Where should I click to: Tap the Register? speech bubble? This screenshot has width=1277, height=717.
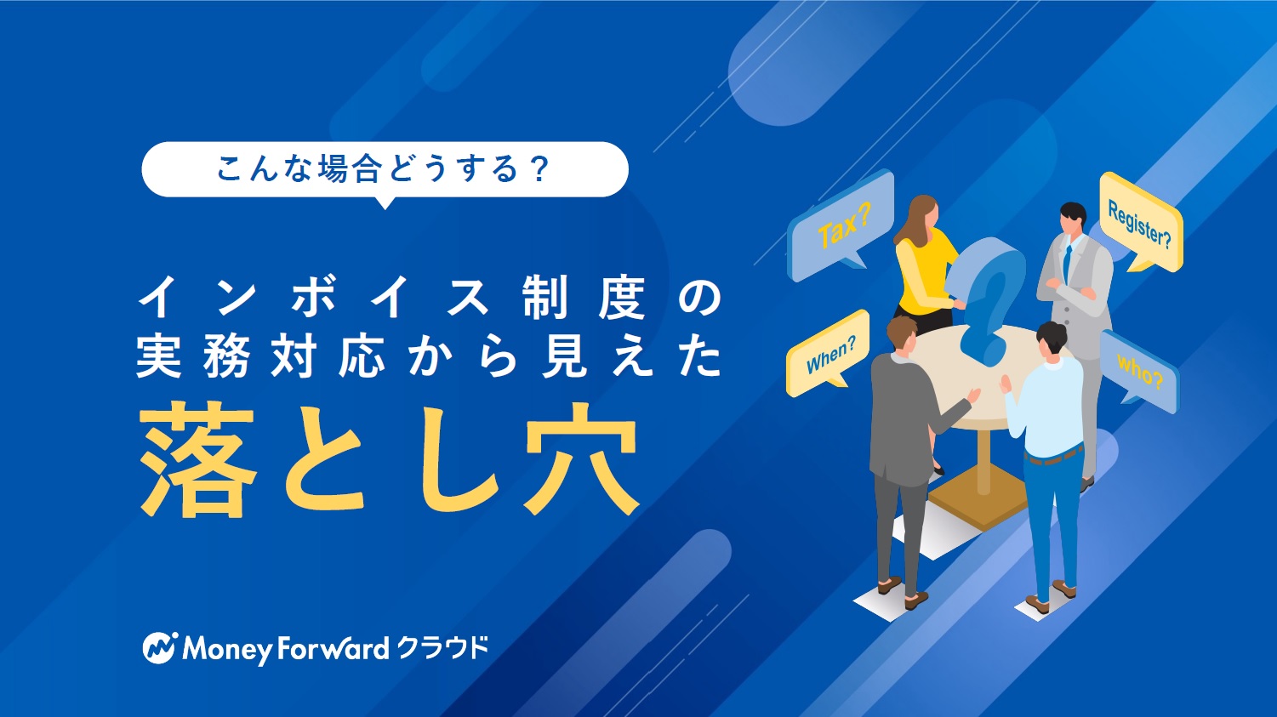coord(1141,222)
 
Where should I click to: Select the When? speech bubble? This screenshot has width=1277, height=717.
coord(828,353)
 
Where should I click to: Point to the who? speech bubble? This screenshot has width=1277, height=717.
coord(1138,372)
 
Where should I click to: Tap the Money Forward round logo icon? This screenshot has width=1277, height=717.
coord(160,648)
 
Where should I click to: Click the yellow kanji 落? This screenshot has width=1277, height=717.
coord(197,459)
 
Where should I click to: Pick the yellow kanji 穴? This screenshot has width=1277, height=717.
coord(581,459)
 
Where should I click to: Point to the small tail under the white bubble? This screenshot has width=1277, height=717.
coord(385,203)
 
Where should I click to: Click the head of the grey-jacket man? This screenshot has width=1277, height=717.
coord(902,334)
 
